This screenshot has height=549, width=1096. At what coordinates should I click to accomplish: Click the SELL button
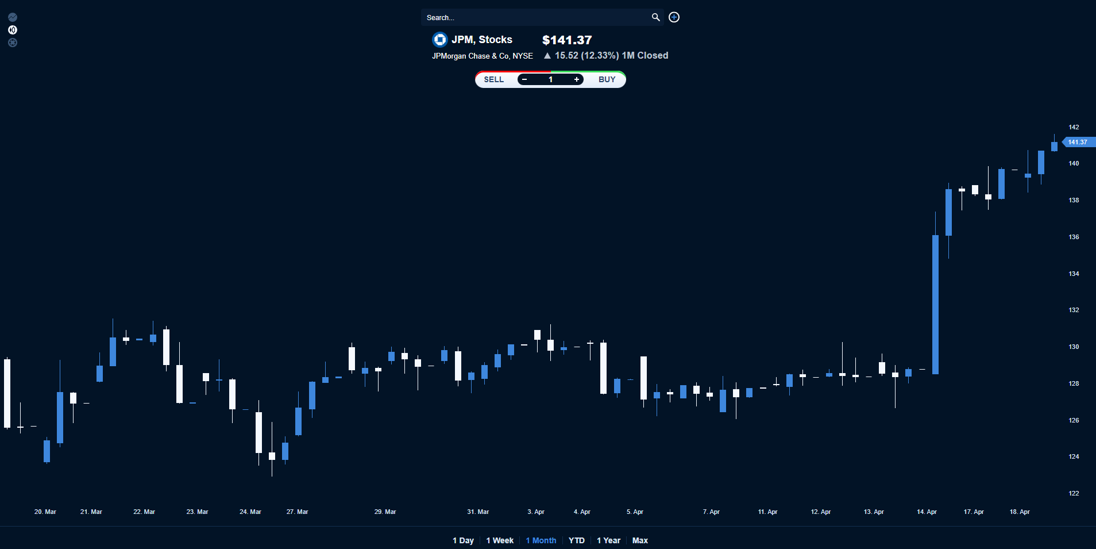click(x=493, y=79)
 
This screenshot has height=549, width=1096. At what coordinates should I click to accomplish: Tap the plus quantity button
click(x=576, y=79)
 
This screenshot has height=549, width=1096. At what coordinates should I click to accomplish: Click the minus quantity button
click(x=524, y=79)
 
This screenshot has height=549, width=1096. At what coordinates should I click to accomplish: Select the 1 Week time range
click(x=500, y=540)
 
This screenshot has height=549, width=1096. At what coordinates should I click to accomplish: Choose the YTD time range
click(x=576, y=540)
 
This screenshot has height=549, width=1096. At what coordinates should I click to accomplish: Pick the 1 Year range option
click(x=608, y=540)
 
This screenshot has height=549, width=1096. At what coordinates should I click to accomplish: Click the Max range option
click(x=640, y=540)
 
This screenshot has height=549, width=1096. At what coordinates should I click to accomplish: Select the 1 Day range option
click(x=463, y=540)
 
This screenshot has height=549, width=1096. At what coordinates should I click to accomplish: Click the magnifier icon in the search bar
click(x=655, y=17)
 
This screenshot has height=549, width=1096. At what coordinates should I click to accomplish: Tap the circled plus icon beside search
click(x=674, y=17)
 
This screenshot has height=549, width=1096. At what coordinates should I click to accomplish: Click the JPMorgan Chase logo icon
click(x=439, y=40)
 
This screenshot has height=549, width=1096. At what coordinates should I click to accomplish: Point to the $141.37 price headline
click(x=566, y=40)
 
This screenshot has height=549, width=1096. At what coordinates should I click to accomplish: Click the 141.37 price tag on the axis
click(x=1078, y=142)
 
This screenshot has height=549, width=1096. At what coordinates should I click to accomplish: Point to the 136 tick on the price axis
click(x=1074, y=237)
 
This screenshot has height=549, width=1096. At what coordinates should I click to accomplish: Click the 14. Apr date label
click(x=927, y=512)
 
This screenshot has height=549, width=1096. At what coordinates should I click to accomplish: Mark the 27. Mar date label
click(x=297, y=512)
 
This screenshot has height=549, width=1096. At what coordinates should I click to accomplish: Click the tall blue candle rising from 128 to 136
click(x=935, y=305)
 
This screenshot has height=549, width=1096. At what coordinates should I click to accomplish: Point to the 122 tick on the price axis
click(x=1074, y=493)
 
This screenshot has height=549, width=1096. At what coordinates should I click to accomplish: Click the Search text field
click(x=534, y=17)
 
